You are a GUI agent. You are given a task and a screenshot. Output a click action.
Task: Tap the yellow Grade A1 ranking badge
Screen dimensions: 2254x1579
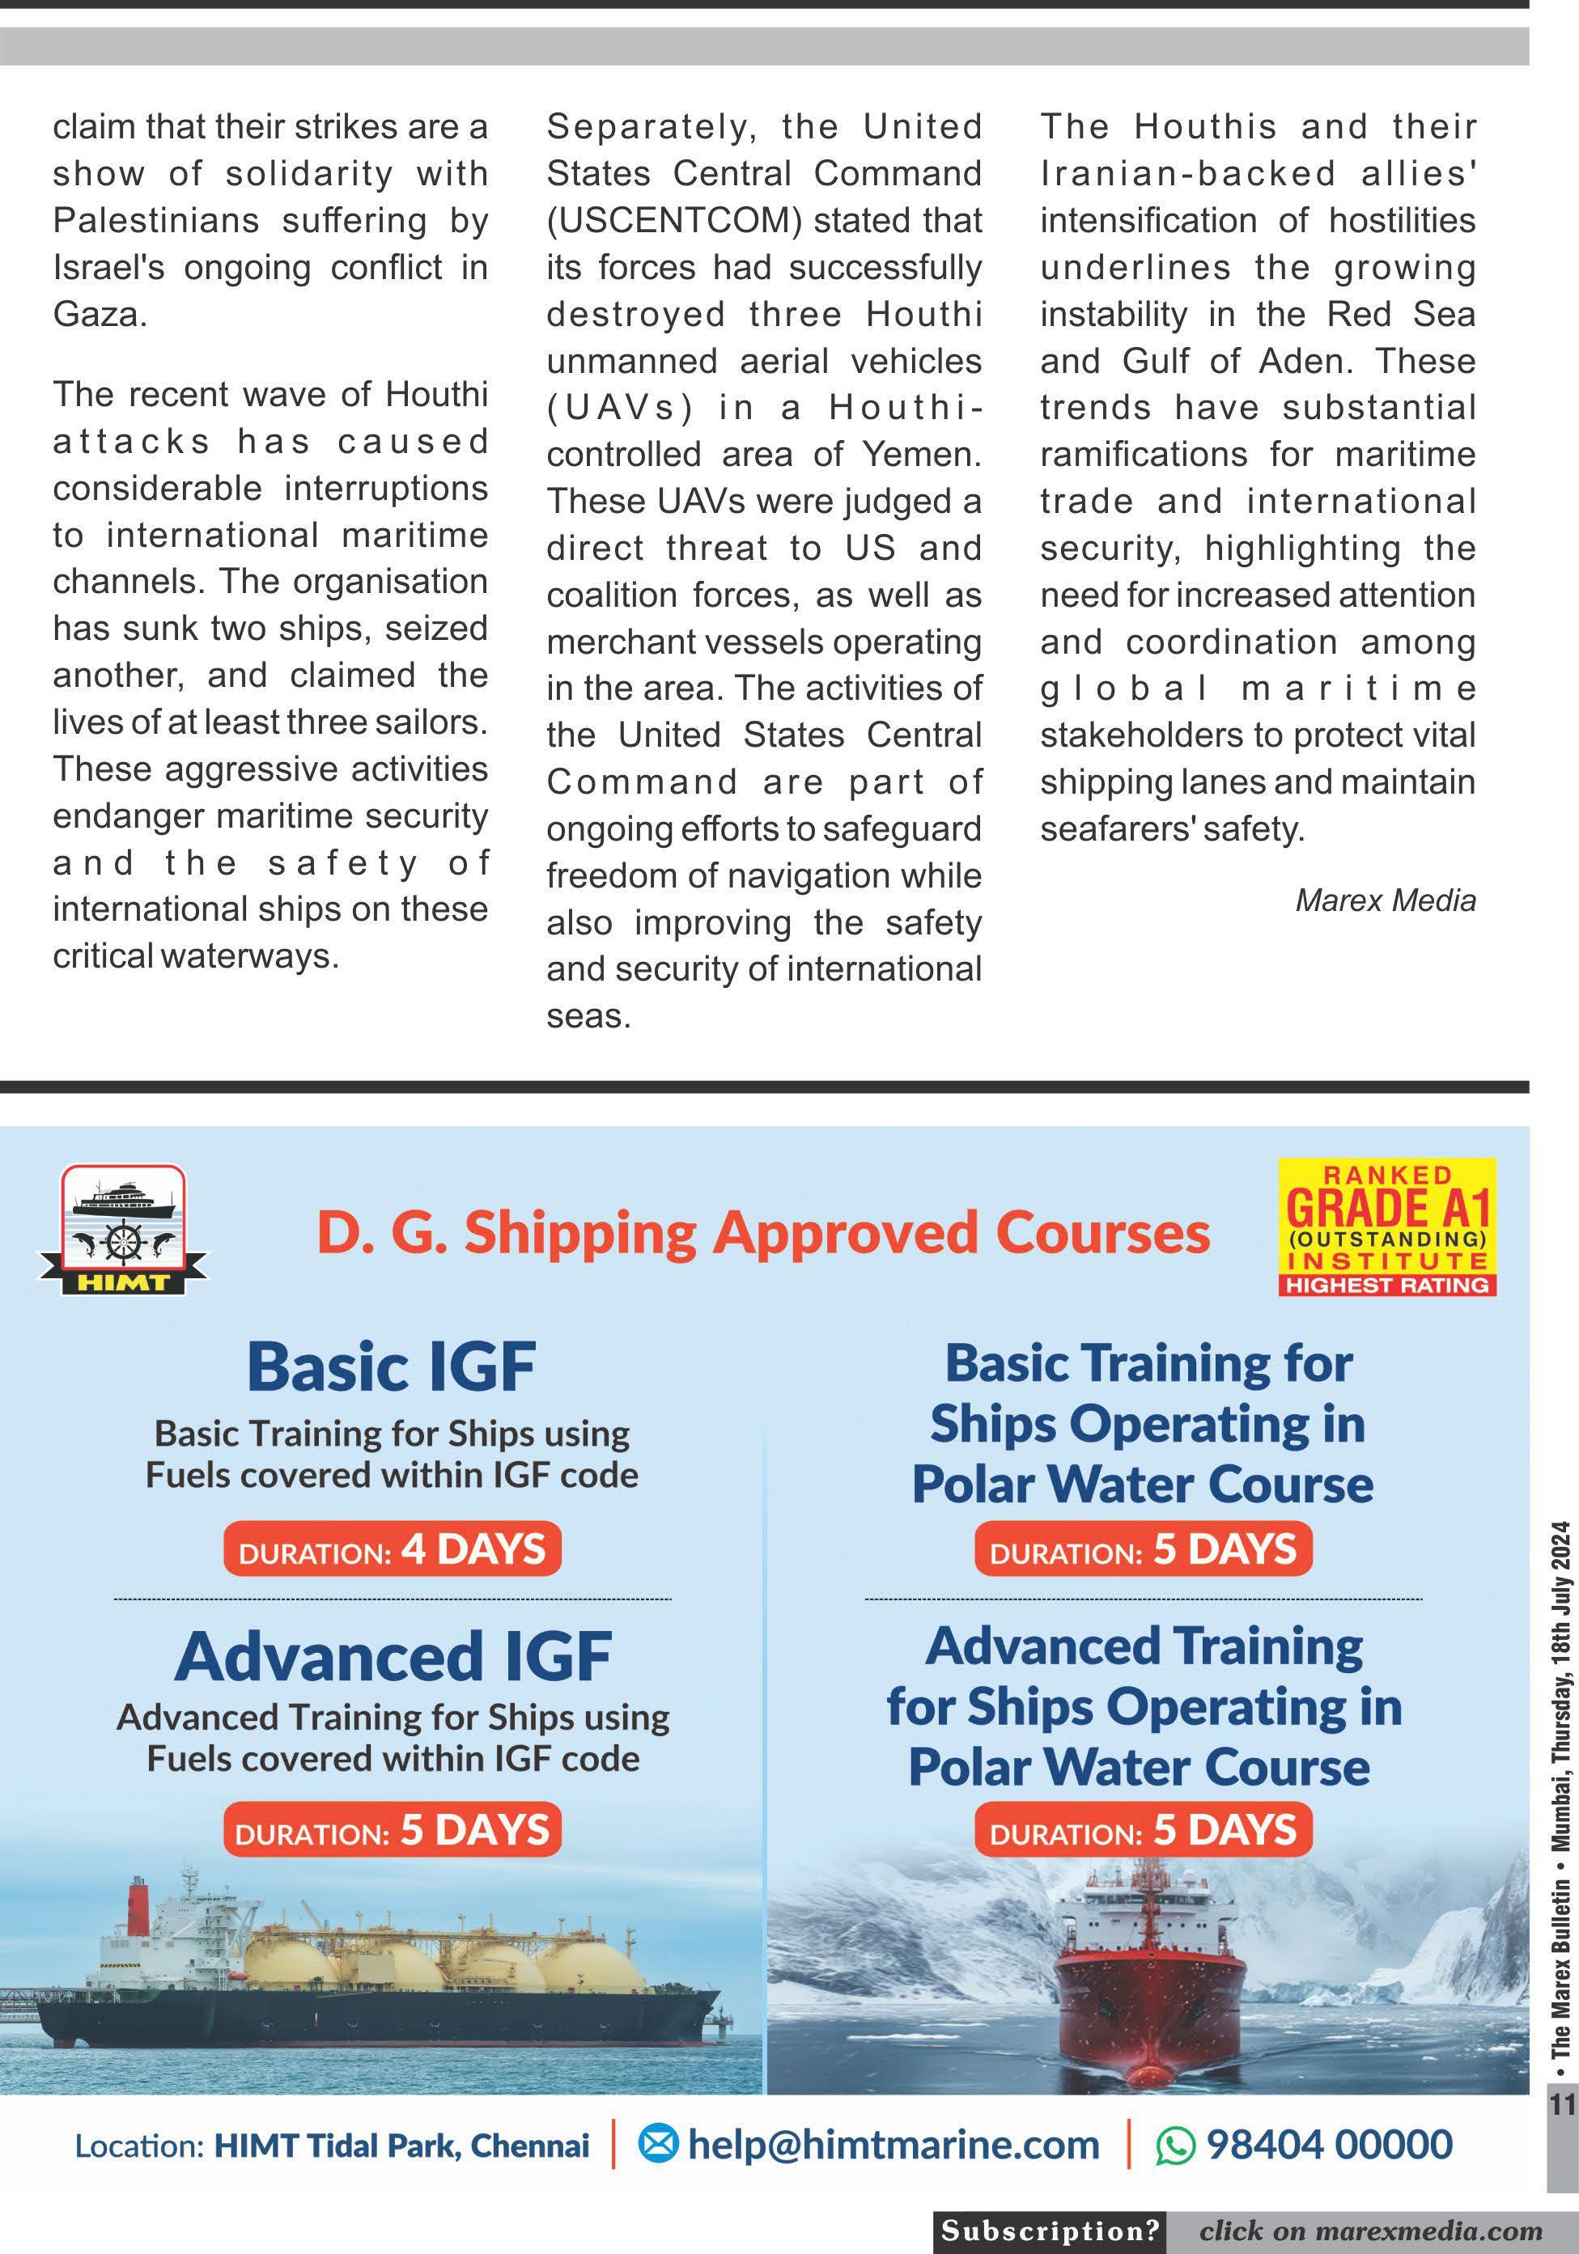pos(1386,1227)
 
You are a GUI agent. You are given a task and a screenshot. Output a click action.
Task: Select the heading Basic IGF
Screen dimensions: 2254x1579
pos(391,1366)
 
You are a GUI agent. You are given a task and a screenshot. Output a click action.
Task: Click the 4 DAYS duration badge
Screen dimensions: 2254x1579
pos(393,1549)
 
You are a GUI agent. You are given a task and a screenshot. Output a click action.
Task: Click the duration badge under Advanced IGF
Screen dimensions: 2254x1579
pos(392,1830)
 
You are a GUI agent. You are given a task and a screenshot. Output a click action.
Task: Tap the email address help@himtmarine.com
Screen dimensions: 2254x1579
pos(893,2145)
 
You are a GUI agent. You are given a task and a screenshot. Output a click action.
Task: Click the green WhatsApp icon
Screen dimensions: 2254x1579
pos(1174,2146)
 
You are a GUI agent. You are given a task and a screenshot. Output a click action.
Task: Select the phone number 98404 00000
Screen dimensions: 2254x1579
pos(1329,2145)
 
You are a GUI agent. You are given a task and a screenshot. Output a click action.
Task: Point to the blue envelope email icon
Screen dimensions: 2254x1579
pos(658,2146)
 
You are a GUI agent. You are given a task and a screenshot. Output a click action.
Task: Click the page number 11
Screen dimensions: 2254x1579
pos(1561,2105)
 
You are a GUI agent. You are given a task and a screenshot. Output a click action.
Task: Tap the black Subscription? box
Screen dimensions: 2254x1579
pos(1050,2231)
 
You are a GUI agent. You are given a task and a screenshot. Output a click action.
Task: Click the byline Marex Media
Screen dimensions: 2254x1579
pos(1385,900)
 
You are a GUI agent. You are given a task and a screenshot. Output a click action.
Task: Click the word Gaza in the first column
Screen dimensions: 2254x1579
pos(98,316)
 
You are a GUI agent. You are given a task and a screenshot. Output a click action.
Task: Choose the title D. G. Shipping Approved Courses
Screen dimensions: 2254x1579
pos(763,1233)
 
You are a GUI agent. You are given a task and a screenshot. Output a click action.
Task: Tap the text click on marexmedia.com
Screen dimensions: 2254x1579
pos(1370,2231)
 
